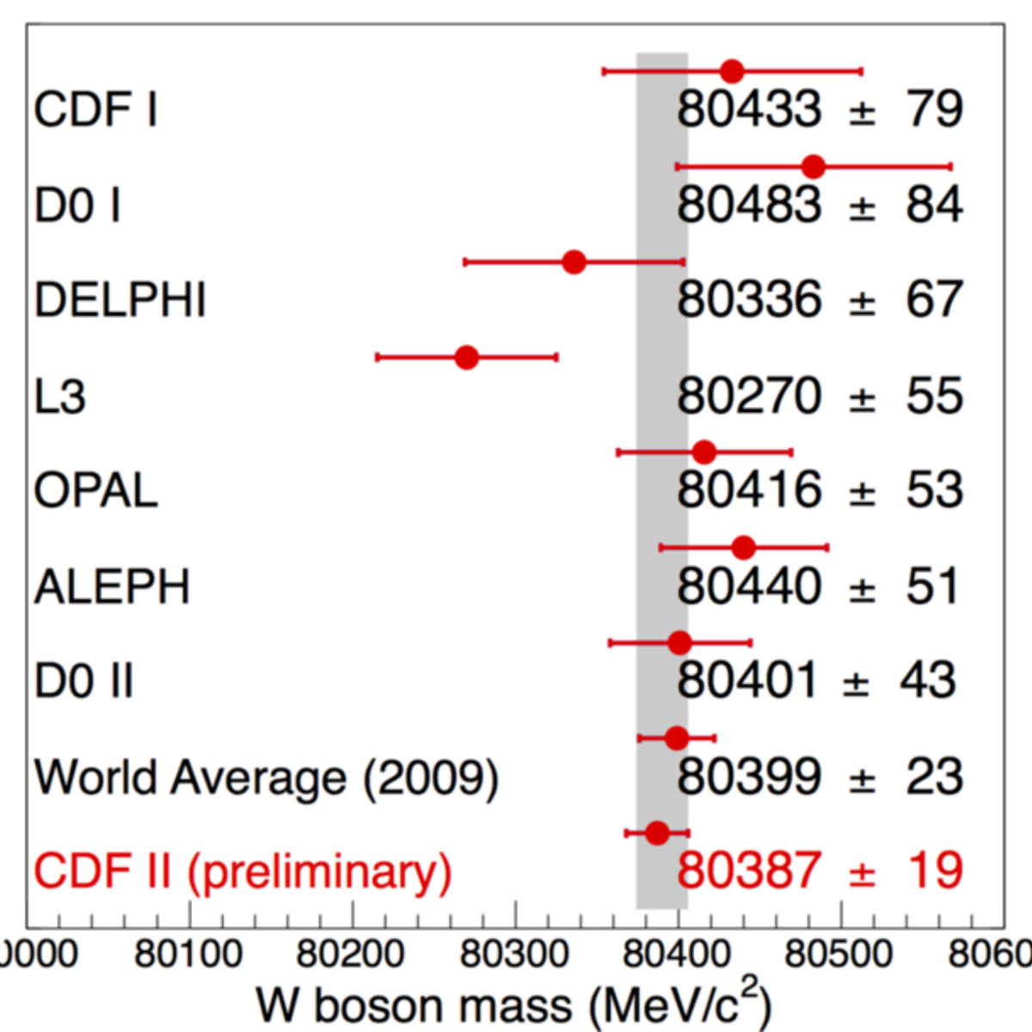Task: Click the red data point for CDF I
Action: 732,71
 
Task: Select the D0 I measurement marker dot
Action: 814,167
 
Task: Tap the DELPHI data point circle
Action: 574,262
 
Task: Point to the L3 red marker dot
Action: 466,357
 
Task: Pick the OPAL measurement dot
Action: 704,452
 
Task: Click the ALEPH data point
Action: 743,548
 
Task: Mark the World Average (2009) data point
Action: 677,739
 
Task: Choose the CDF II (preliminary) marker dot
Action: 657,833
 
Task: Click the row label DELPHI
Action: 120,300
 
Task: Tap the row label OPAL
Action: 95,490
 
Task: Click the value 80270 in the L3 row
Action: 749,396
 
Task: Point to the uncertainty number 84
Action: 935,206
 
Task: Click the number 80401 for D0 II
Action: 747,680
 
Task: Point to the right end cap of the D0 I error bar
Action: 951,167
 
